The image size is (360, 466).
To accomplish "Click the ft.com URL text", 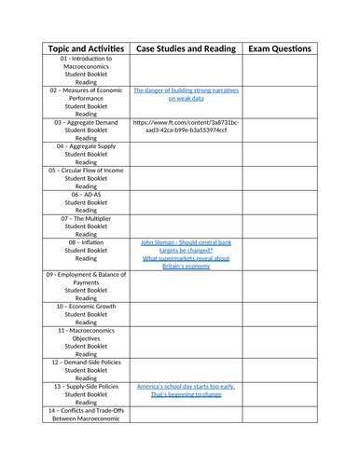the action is point(179,126).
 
